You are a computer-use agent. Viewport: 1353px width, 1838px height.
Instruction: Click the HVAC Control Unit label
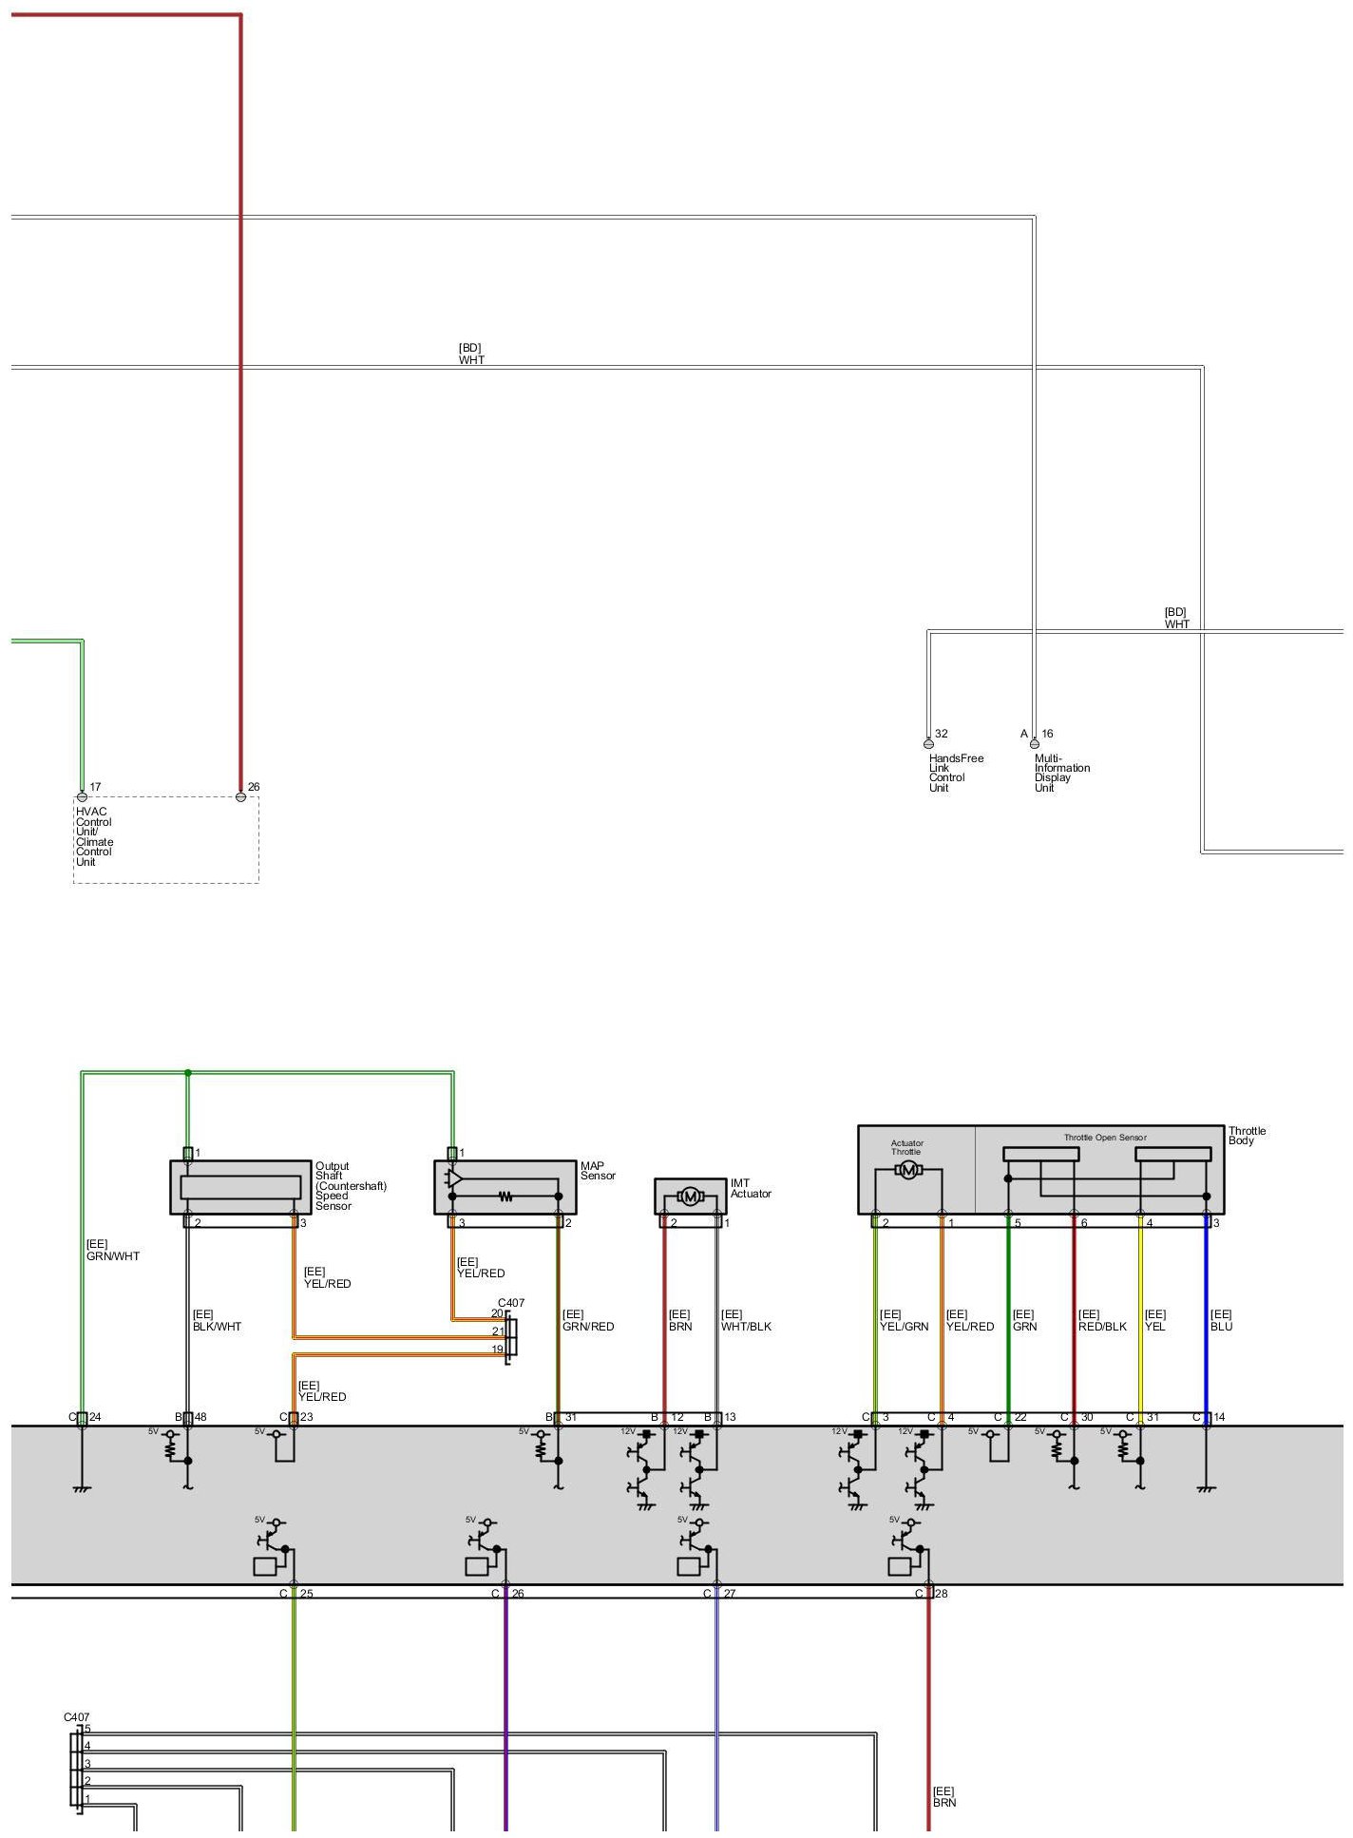pyautogui.click(x=94, y=836)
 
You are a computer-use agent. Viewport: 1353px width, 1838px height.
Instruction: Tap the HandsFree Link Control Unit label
pyautogui.click(x=955, y=773)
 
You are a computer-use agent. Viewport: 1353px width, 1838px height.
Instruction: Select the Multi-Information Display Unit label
pyautogui.click(x=1061, y=773)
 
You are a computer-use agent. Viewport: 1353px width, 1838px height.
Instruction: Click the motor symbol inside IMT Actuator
pyautogui.click(x=690, y=1197)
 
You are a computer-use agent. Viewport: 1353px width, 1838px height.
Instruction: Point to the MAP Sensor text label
pyautogui.click(x=598, y=1171)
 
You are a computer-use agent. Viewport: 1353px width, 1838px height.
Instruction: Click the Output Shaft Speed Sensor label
pyautogui.click(x=350, y=1185)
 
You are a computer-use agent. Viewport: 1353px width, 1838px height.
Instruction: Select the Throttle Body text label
pyautogui.click(x=1247, y=1136)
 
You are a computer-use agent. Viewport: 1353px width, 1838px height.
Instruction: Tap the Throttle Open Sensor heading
pyautogui.click(x=1104, y=1138)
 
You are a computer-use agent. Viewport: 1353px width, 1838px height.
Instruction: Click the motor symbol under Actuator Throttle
pyautogui.click(x=908, y=1170)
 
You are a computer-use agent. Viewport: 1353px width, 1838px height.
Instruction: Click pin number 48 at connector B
pyautogui.click(x=200, y=1417)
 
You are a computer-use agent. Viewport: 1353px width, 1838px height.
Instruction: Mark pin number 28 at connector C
pyautogui.click(x=942, y=1594)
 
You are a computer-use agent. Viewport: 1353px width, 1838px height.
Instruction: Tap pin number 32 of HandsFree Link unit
pyautogui.click(x=941, y=734)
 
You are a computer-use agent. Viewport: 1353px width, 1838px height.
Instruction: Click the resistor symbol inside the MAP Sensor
pyautogui.click(x=505, y=1197)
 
